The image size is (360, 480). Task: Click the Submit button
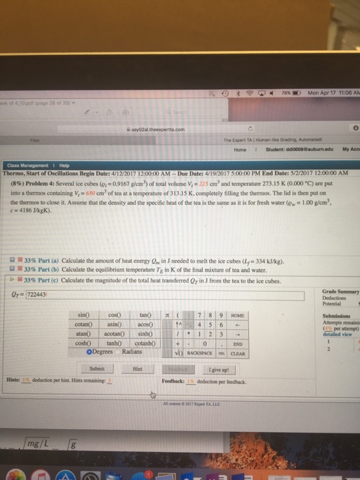click(97, 368)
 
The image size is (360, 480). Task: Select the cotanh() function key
click(146, 343)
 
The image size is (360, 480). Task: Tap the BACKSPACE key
click(201, 352)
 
